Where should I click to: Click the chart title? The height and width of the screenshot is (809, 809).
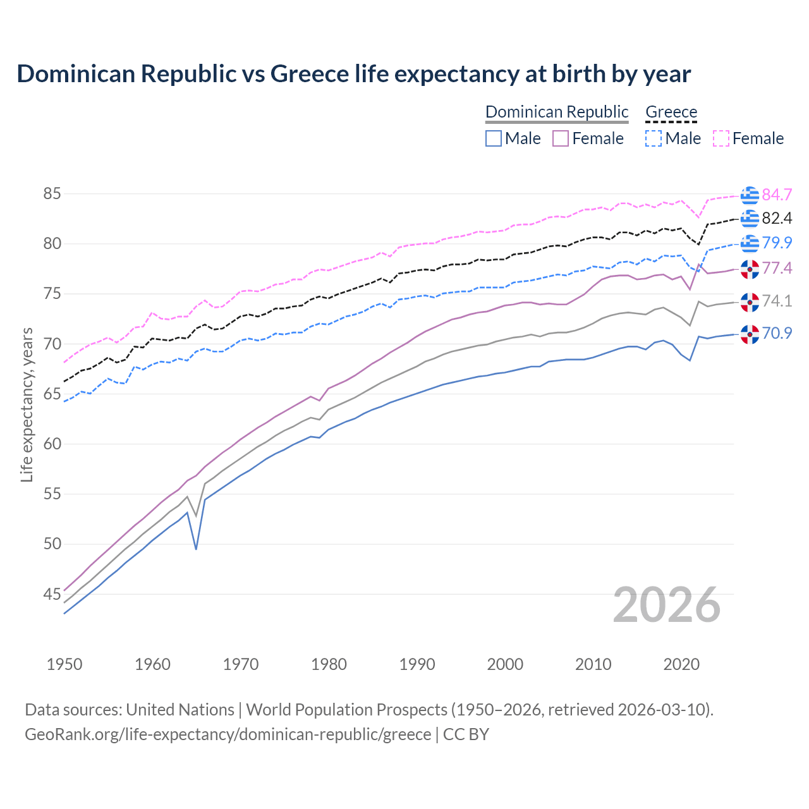tap(353, 74)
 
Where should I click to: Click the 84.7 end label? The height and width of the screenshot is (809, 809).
tap(777, 195)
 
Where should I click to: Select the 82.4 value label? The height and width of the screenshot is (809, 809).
tap(777, 219)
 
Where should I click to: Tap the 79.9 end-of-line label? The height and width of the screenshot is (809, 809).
tap(777, 243)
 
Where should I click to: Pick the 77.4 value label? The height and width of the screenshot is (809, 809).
tap(777, 269)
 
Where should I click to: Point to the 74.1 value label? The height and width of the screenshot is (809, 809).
tap(777, 301)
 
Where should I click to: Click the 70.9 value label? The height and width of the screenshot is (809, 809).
tap(777, 333)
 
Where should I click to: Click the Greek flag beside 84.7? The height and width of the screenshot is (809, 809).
tap(750, 195)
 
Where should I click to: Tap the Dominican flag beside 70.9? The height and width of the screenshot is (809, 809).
tap(750, 334)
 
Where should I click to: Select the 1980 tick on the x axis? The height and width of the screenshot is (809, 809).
tap(329, 664)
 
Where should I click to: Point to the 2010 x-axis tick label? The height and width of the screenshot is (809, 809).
tap(593, 664)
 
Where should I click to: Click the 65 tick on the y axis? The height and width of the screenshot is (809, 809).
tap(52, 394)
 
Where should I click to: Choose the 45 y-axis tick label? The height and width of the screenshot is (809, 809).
tap(52, 594)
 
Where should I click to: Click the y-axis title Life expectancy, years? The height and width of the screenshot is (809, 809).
tap(27, 404)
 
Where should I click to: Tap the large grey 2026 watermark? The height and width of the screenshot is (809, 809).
tap(666, 605)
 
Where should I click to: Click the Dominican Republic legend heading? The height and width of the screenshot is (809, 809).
tap(557, 112)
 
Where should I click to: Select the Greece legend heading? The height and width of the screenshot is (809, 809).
tap(671, 112)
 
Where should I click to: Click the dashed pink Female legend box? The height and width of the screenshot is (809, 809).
tap(721, 138)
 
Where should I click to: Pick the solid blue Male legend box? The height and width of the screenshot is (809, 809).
tap(494, 138)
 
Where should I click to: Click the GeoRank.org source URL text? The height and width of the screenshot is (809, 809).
tap(228, 734)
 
